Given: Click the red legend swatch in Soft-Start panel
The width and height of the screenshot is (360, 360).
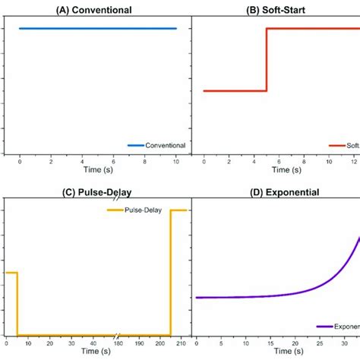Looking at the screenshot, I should pos(336,145).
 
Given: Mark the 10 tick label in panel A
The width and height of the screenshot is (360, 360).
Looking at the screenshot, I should pos(176,162).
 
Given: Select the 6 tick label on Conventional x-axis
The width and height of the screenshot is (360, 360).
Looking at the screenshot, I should pos(114,162).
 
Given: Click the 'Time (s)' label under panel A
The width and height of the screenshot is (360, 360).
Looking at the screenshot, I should pos(97,170).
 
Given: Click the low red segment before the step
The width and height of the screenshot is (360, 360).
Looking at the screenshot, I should pos(235,91).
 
